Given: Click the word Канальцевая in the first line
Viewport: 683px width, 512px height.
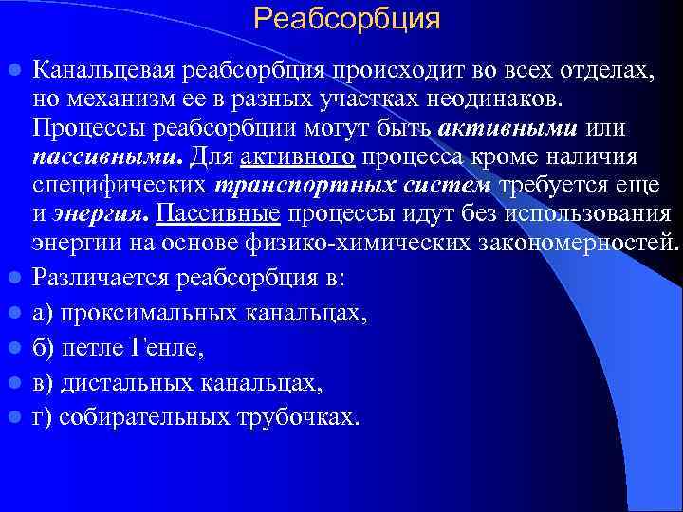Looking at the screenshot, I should (x=108, y=69).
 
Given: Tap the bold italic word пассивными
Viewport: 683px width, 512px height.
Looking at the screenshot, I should (x=108, y=155).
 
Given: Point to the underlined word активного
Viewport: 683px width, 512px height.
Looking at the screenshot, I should (x=298, y=155).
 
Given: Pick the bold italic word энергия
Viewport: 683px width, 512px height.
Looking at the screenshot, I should (x=102, y=214).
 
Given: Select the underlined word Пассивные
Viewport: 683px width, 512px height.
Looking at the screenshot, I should (x=218, y=214).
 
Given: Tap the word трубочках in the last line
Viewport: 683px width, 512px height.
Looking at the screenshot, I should (x=295, y=418).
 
